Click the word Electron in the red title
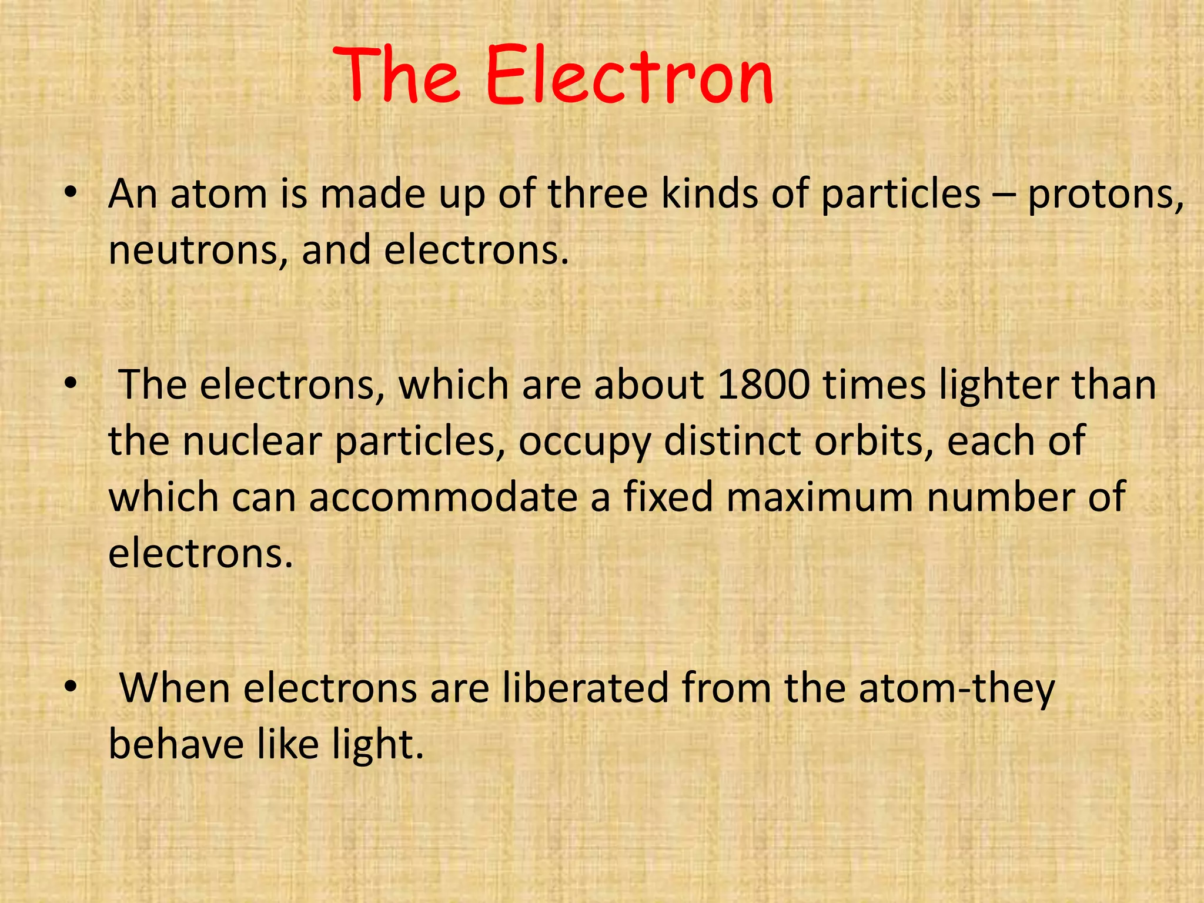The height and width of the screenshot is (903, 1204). (629, 76)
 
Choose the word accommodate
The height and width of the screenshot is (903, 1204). (443, 497)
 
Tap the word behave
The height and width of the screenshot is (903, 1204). (176, 744)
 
